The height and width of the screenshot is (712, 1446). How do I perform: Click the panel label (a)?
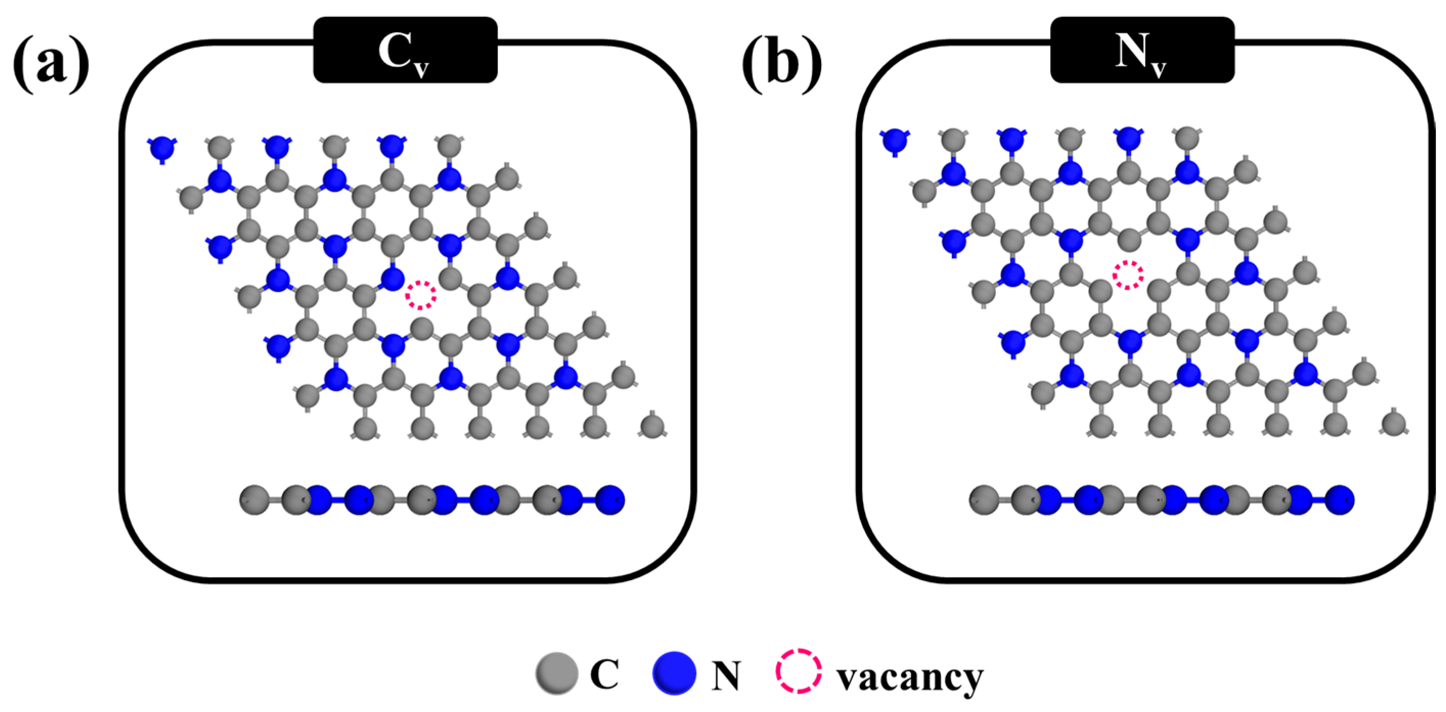51,65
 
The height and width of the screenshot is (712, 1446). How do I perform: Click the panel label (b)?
781,65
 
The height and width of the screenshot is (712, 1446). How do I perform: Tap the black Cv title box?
405,50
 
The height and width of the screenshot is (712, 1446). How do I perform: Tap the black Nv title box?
1142,50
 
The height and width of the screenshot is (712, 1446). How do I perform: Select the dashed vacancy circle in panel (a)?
420,294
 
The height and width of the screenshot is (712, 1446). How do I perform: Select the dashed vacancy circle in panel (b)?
1128,275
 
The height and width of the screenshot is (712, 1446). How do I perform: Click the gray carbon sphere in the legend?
556,673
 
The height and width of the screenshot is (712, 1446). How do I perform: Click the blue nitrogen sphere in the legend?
673,673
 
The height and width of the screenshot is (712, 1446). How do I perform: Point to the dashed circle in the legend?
799,671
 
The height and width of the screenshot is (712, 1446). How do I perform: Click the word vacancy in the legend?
909,678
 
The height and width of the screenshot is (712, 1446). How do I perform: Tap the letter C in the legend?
604,674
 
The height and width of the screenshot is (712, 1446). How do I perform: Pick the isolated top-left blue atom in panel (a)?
162,149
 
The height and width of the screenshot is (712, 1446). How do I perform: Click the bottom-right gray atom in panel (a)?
652,426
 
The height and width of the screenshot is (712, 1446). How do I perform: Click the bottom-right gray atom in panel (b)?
1394,423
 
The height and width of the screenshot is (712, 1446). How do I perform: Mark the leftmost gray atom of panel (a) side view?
254,499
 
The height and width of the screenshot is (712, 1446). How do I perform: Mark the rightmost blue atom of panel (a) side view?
610,499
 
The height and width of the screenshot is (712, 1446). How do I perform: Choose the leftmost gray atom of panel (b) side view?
983,499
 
